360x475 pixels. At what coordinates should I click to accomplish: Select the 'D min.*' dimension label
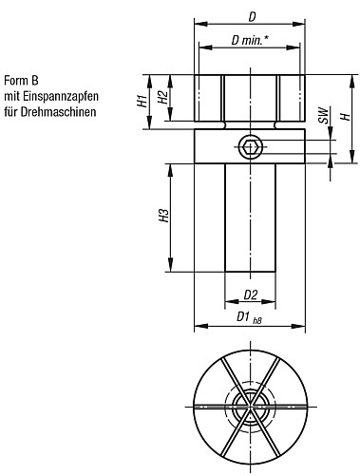pos(250,40)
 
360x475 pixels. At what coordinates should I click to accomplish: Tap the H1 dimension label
pos(141,99)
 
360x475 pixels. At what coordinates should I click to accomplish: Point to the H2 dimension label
pos(162,99)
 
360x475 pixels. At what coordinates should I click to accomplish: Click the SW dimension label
pos(323,116)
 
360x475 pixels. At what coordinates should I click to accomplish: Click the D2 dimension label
pos(251,294)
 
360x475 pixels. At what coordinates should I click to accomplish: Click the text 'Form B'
pos(23,81)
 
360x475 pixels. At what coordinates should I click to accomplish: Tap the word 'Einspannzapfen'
pos(58,96)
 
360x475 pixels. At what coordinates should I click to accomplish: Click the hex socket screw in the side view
pos(251,147)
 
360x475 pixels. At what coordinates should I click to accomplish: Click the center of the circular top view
pos(251,404)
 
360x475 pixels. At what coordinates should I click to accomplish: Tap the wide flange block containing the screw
pos(218,146)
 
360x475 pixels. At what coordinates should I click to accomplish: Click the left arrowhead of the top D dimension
pos(199,26)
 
